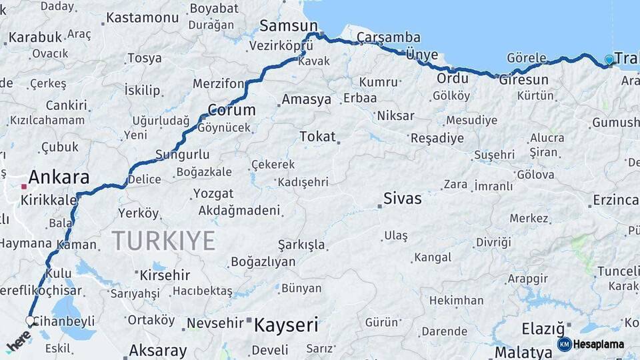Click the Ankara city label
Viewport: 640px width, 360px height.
coord(59,178)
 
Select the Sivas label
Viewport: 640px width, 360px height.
coord(402,199)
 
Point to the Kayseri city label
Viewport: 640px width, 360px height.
coord(286,325)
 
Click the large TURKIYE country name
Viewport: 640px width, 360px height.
coord(163,240)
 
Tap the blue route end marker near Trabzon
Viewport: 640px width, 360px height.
coord(609,61)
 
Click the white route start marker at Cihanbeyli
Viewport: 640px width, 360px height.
coord(30,321)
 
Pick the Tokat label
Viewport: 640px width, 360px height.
coord(317,137)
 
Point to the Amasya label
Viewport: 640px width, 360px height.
coord(306,99)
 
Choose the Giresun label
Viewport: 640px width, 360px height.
coord(523,80)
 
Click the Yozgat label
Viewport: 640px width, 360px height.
coord(213,194)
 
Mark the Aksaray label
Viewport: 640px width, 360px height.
coord(157,350)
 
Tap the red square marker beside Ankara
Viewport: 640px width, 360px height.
coord(23,179)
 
